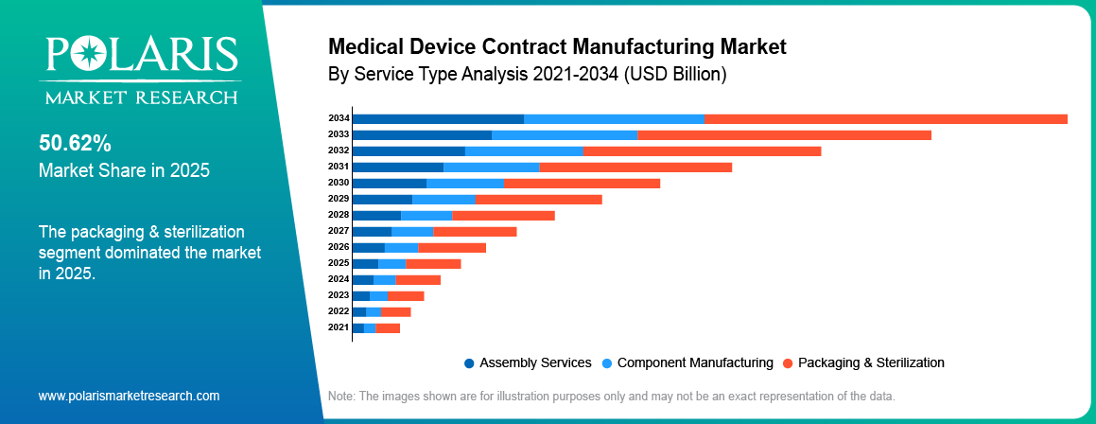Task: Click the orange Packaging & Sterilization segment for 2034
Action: (x=885, y=118)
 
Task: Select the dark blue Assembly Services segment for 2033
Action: (x=421, y=134)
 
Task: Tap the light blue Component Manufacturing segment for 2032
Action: (x=524, y=150)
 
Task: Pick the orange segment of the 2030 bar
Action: (x=582, y=183)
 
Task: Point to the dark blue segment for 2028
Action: (x=375, y=215)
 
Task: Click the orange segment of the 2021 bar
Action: (x=388, y=327)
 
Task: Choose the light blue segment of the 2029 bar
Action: (x=444, y=199)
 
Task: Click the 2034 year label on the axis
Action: (x=339, y=118)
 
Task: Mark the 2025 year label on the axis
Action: (x=339, y=262)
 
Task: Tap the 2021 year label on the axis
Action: (x=339, y=327)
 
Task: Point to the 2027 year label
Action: (x=339, y=230)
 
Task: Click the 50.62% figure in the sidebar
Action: (x=75, y=144)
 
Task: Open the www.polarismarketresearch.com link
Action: (x=129, y=396)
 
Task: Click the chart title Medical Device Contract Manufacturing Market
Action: (x=557, y=46)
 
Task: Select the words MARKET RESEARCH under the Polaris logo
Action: (x=138, y=97)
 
